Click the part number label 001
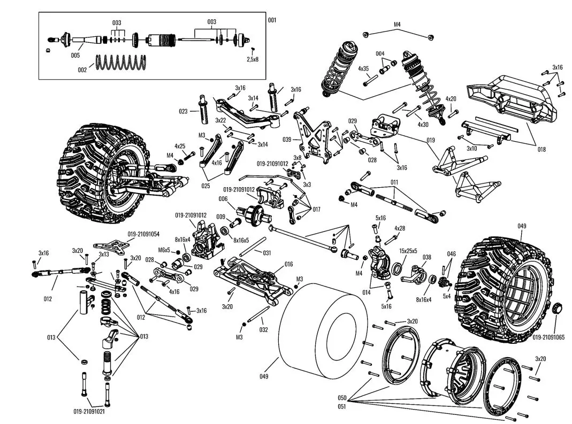point(272,20)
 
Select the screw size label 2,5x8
point(253,59)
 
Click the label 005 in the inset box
point(75,55)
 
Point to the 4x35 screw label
point(363,68)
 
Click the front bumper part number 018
point(542,149)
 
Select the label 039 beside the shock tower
point(287,140)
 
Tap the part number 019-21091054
point(143,234)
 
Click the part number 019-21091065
point(551,337)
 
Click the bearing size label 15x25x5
point(408,250)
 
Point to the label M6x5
point(164,250)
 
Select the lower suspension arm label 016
point(288,264)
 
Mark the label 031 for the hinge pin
point(266,252)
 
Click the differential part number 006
point(223,198)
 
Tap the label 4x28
point(399,228)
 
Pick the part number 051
point(342,406)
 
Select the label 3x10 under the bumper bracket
point(471,148)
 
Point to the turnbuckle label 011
point(394,182)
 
